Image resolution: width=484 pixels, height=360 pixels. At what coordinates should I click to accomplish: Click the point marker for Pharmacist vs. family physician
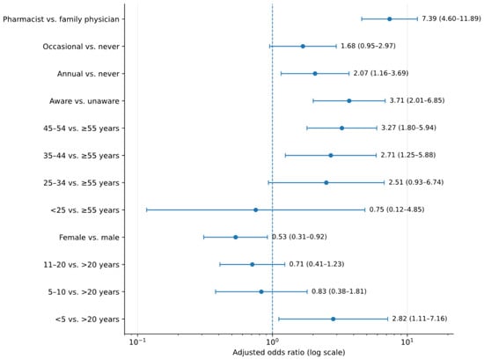(390, 19)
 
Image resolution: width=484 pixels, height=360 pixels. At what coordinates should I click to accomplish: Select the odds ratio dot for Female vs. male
(236, 237)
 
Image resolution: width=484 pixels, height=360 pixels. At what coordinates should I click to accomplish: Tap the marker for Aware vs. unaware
(349, 101)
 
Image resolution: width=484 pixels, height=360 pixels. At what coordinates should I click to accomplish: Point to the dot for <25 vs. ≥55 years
(255, 210)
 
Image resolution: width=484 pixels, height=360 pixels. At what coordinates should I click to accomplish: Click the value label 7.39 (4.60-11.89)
(451, 18)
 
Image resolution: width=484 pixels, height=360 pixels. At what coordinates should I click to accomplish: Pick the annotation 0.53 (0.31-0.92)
(299, 237)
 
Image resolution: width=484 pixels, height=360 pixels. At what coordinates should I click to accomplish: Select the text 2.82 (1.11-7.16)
(420, 319)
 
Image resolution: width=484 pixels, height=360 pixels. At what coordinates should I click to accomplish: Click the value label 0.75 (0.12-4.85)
(397, 209)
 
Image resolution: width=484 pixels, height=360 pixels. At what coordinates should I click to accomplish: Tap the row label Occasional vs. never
(81, 47)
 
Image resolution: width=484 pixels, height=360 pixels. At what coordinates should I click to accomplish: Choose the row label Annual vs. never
(88, 74)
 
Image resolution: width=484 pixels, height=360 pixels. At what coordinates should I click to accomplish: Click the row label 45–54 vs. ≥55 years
(81, 129)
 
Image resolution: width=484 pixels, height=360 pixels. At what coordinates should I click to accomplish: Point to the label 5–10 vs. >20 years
(84, 292)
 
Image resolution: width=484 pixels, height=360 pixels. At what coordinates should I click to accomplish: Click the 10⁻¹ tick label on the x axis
(137, 342)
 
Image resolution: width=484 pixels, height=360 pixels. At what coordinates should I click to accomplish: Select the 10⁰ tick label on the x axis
(272, 342)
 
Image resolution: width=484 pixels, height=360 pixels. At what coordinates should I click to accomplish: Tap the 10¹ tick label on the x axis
(407, 342)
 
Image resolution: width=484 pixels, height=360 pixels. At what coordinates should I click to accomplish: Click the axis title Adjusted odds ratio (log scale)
(289, 353)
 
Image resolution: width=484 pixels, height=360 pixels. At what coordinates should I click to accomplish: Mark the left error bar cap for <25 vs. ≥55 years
(147, 210)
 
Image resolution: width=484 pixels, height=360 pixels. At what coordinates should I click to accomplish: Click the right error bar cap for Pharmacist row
(417, 19)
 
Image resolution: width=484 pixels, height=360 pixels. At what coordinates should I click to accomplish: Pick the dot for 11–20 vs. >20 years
(253, 264)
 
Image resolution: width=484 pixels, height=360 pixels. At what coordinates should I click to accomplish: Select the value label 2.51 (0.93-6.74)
(415, 182)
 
